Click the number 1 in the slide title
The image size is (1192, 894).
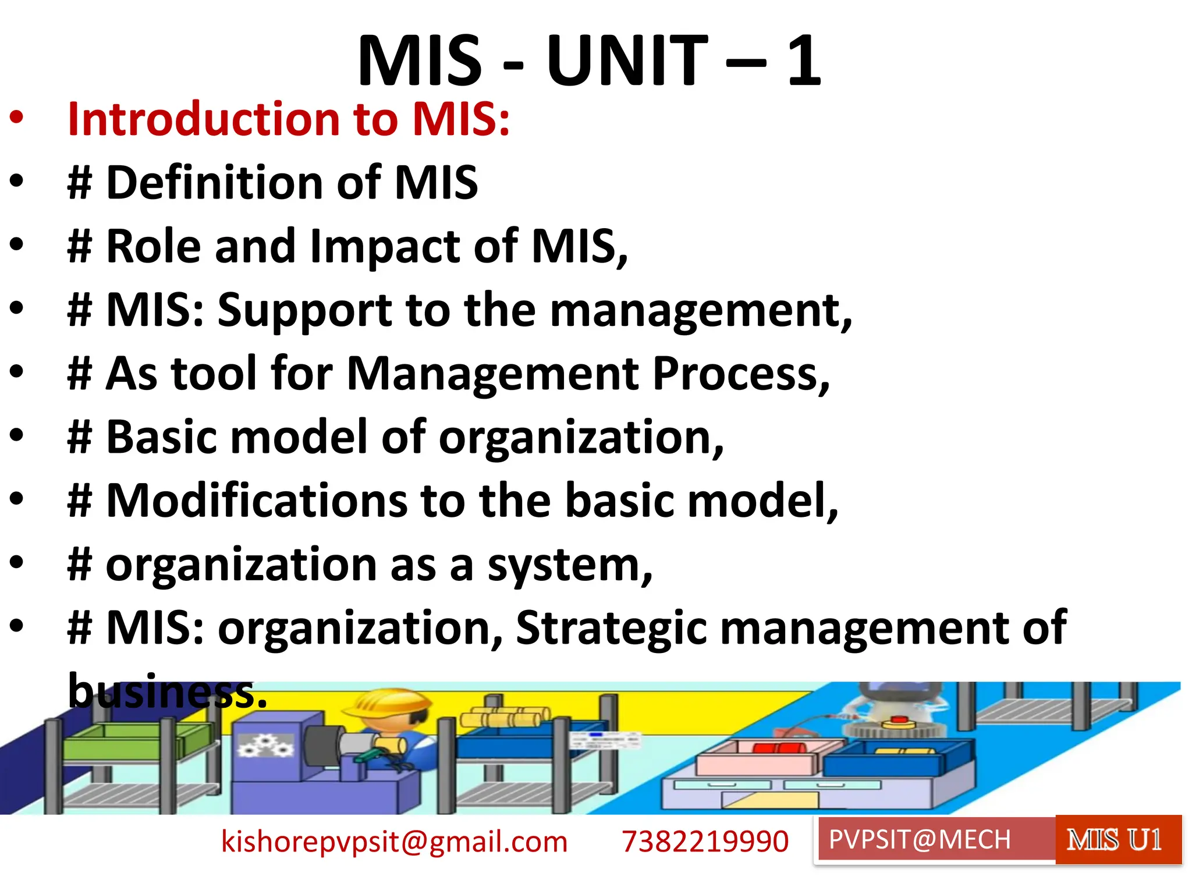point(804,61)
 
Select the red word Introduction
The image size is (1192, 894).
point(203,119)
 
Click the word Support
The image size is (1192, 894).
point(305,310)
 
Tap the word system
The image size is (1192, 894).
point(569,566)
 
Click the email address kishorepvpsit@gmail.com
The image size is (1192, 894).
point(394,842)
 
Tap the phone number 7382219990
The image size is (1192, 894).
point(705,842)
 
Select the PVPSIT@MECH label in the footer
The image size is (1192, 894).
point(920,840)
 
